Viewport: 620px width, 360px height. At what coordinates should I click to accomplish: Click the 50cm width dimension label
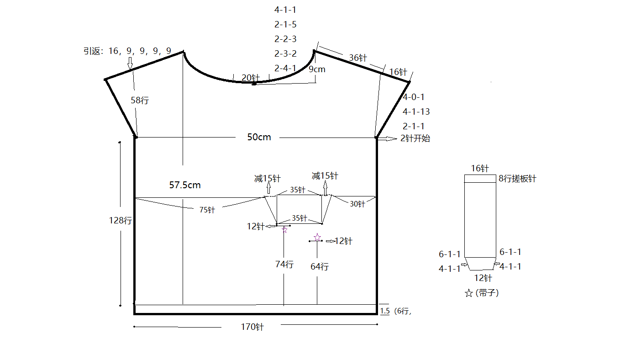pos(259,137)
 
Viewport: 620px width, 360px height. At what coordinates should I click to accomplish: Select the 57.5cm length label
pos(185,185)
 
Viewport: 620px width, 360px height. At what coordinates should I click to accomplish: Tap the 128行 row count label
pos(121,220)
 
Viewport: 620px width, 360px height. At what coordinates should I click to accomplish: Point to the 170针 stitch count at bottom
pos(252,327)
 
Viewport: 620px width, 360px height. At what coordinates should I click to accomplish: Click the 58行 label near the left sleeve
pos(140,100)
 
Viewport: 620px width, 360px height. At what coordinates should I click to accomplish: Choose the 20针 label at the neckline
pos(251,78)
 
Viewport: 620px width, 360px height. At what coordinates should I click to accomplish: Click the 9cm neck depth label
pos(317,69)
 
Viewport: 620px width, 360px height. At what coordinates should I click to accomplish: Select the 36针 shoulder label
pos(358,58)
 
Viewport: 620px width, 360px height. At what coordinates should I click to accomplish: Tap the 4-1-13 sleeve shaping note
pos(416,111)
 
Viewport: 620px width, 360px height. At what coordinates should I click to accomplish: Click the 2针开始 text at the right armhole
pos(415,138)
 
